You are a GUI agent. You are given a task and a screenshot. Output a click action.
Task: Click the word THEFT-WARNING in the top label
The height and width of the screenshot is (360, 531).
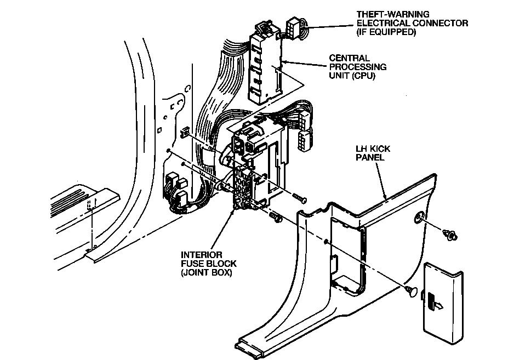385,14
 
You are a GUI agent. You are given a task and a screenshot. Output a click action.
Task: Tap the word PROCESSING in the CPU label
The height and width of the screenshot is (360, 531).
357,67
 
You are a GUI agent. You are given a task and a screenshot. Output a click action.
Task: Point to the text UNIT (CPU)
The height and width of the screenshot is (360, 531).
352,76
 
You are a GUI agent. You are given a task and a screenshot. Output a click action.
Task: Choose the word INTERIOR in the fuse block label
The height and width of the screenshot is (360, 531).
202,255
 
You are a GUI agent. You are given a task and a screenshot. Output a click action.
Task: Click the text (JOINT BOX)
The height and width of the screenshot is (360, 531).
206,272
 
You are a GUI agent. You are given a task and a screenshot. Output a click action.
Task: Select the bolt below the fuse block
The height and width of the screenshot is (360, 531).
275,218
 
